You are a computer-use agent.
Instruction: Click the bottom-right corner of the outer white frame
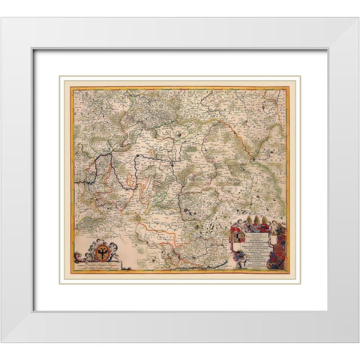tap(357, 341)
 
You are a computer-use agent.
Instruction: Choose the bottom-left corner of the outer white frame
tap(3, 341)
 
